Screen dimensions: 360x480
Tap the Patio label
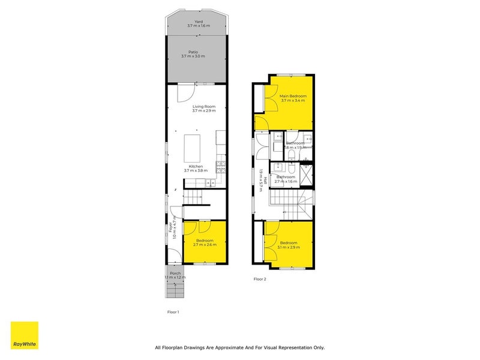pyautogui.click(x=193, y=52)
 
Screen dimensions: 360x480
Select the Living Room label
pyautogui.click(x=203, y=107)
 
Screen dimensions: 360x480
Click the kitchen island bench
pyautogui.click(x=192, y=145)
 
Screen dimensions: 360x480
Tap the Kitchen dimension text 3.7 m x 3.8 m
pyautogui.click(x=196, y=170)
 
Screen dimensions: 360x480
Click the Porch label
pyautogui.click(x=175, y=273)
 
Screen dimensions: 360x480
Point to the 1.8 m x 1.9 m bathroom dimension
pyautogui.click(x=295, y=148)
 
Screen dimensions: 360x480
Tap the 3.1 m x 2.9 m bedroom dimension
pyautogui.click(x=289, y=247)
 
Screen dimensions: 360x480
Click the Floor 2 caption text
pyautogui.click(x=260, y=279)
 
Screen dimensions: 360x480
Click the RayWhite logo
pyautogui.click(x=24, y=335)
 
